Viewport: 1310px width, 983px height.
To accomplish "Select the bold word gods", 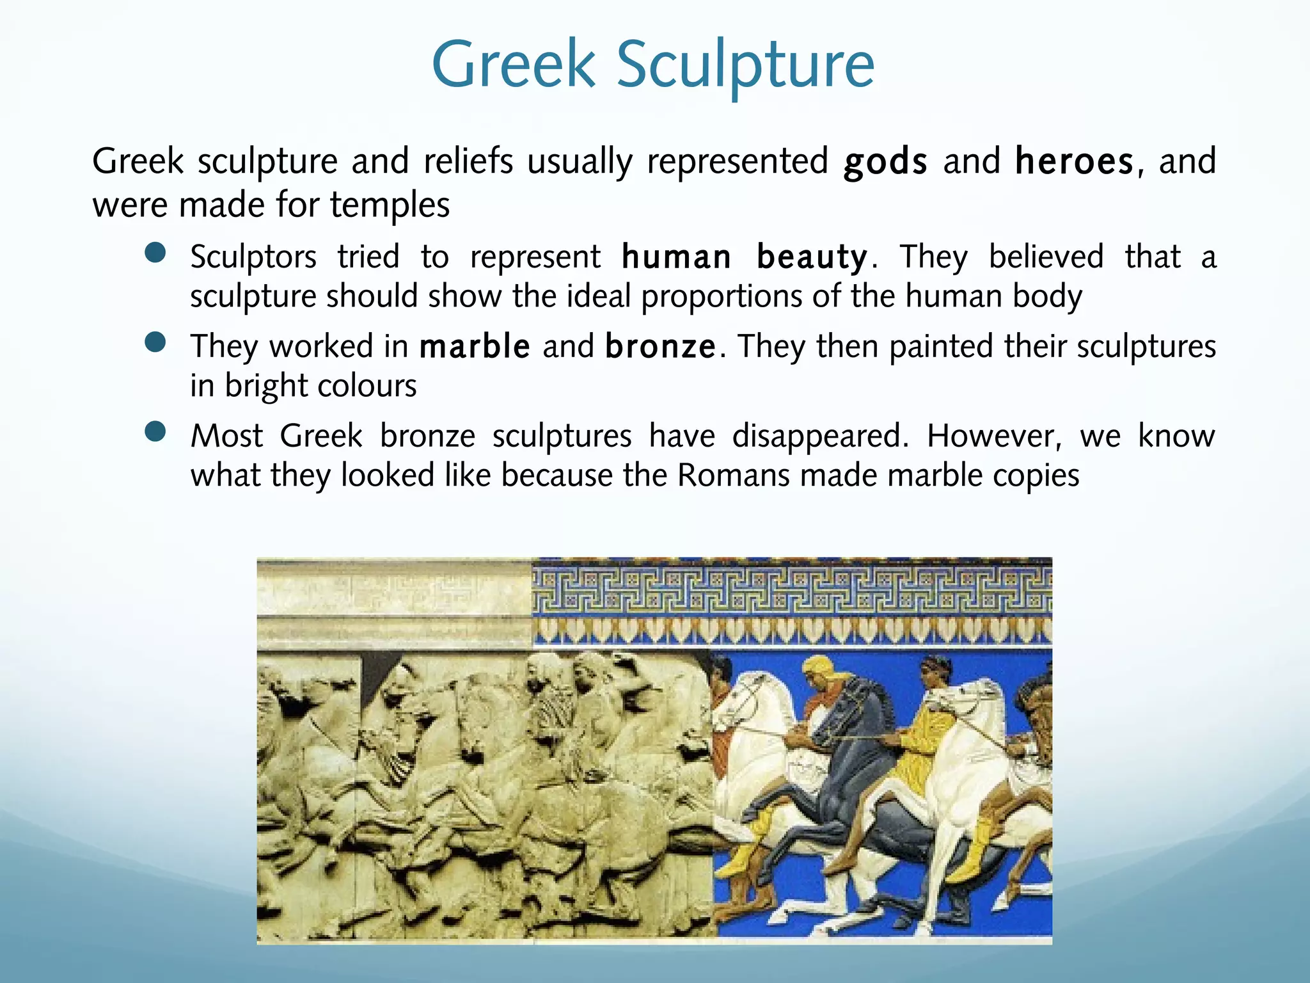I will (885, 161).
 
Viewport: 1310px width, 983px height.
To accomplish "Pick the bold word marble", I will (475, 347).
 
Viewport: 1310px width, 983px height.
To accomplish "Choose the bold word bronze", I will (660, 347).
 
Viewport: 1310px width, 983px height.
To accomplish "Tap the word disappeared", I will (819, 437).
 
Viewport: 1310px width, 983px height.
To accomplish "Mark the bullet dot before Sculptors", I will (155, 253).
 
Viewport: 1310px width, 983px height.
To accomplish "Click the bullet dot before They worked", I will (155, 342).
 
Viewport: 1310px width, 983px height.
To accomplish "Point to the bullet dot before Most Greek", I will (155, 432).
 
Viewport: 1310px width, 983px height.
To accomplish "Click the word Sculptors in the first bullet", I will (253, 258).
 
